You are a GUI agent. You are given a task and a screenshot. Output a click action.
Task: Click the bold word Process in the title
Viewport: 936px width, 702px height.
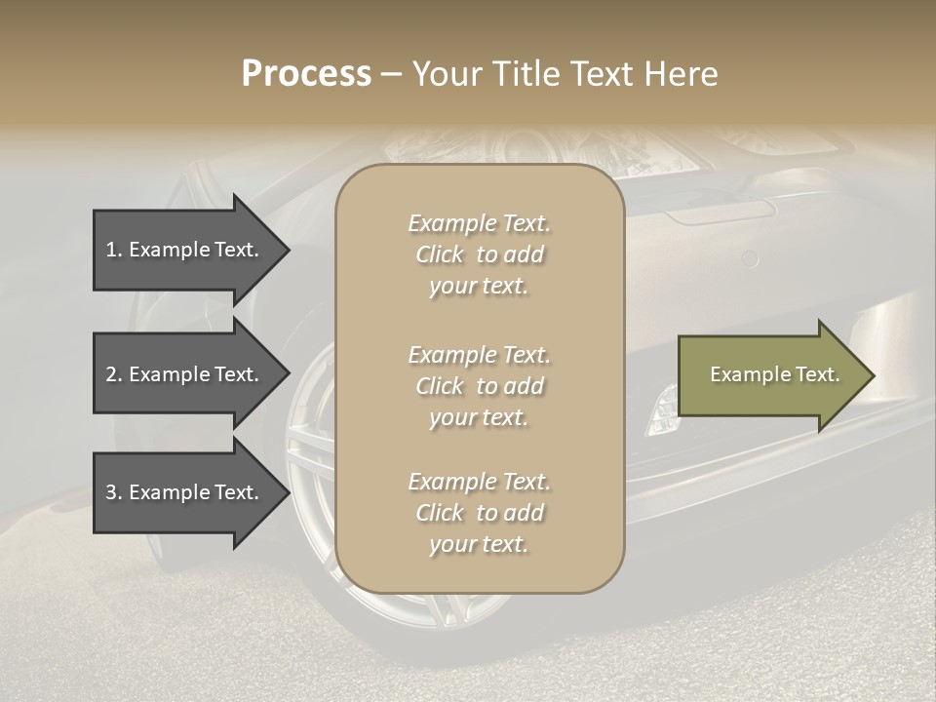(306, 74)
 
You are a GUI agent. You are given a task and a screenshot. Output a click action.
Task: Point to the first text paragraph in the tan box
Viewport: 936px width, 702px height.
(479, 254)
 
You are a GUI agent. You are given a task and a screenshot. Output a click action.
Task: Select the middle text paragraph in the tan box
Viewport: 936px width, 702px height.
(479, 386)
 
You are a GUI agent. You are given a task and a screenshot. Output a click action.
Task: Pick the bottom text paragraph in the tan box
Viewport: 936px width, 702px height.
(479, 513)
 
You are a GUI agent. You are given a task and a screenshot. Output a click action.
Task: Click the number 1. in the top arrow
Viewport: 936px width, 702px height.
(114, 250)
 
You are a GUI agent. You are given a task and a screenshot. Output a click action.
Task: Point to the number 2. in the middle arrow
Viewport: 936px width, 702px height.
(114, 374)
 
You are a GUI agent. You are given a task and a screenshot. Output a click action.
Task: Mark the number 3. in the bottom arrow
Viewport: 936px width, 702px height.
(114, 492)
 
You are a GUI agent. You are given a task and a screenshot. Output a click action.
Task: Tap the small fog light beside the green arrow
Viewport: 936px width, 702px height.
(663, 409)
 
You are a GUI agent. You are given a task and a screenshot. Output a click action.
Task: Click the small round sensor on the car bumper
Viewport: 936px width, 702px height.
(749, 258)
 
